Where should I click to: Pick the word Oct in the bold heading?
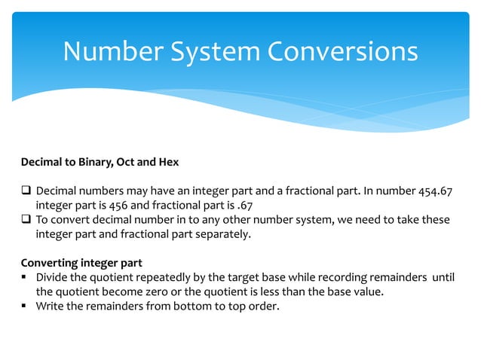pyautogui.click(x=136, y=162)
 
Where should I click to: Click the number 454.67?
pyautogui.click(x=436, y=191)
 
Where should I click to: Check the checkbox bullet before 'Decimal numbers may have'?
pyautogui.click(x=26, y=191)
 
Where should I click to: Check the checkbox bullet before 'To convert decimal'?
pyautogui.click(x=26, y=220)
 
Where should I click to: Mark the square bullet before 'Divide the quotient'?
pyautogui.click(x=25, y=278)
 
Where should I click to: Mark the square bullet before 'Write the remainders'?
pyautogui.click(x=25, y=307)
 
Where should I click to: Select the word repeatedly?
pyautogui.click(x=154, y=277)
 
